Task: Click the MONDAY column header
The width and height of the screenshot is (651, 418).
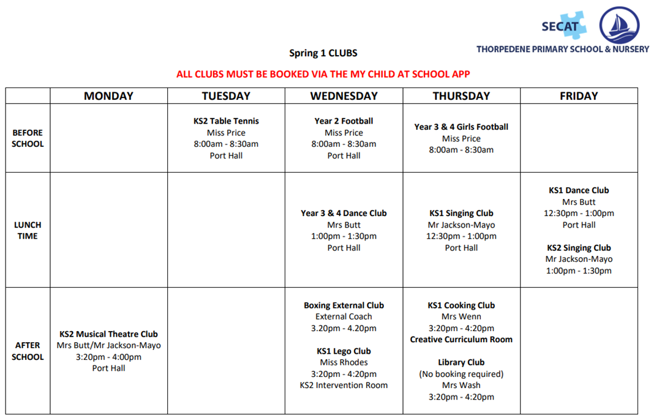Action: [108, 96]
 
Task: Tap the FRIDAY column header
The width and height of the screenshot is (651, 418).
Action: [579, 96]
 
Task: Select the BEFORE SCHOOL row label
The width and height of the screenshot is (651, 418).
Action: [28, 138]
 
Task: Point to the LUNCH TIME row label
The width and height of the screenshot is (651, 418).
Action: [28, 230]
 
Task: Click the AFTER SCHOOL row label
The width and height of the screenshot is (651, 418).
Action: [28, 351]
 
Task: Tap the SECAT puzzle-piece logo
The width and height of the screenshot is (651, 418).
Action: [564, 26]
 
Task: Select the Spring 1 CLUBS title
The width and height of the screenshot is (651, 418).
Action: [323, 53]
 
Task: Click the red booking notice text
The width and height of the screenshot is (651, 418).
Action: [323, 75]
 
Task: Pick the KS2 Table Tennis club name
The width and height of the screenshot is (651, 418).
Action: [226, 121]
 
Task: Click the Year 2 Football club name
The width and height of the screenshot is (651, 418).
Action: [344, 121]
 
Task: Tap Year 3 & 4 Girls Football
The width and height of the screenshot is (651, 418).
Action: [461, 127]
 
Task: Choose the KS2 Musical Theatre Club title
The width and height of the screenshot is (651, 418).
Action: [108, 334]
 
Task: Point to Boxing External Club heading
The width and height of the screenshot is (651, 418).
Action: [344, 305]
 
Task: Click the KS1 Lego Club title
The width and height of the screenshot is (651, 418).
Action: [344, 351]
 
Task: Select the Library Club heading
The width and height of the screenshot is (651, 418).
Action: [461, 362]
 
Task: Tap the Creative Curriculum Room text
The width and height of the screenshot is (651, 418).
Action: [461, 340]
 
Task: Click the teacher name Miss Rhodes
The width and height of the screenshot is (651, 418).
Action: [344, 362]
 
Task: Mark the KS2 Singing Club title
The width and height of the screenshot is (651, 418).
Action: [579, 248]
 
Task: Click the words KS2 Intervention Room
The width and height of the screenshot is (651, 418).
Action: [344, 386]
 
